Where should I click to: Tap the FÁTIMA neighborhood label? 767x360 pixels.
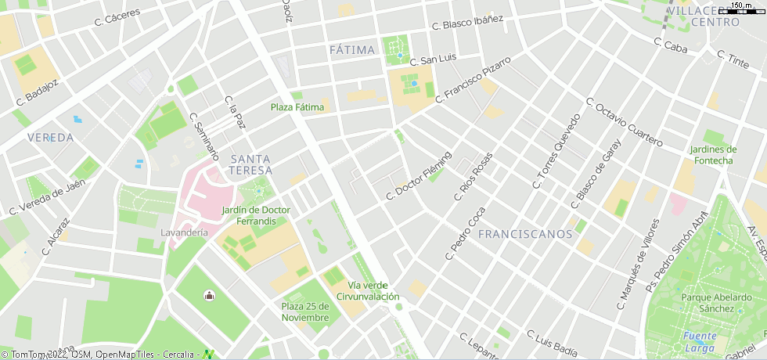point(352,50)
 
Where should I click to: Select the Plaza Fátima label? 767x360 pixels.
point(297,107)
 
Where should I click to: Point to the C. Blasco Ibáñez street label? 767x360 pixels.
point(472,23)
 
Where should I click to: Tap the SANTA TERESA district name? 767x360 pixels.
point(251,164)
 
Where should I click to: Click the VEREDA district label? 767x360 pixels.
point(50,138)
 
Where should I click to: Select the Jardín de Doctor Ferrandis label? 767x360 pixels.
point(256,215)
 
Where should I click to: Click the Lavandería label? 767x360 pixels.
point(184,232)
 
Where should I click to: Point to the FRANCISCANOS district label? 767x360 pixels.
point(525,234)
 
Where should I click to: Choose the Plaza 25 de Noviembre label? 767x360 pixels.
point(305,311)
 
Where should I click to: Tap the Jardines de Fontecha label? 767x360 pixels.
point(712,155)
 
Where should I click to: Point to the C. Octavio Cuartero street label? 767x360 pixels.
point(624,123)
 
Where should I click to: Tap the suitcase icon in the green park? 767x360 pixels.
point(209,295)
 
